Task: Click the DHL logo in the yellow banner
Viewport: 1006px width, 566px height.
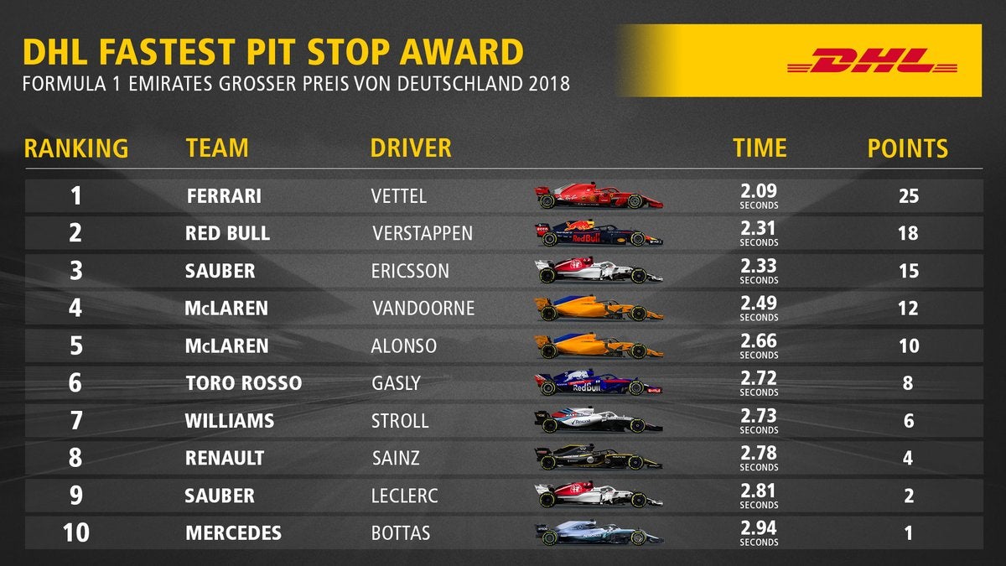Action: point(872,60)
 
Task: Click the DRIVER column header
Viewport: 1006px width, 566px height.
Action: point(411,148)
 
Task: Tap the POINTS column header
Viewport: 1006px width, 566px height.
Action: point(908,148)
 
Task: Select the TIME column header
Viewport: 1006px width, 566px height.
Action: point(760,148)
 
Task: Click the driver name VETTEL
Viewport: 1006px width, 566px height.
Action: point(398,196)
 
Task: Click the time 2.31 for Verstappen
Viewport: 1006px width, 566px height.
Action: point(759,228)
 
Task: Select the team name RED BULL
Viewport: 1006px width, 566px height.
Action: point(227,234)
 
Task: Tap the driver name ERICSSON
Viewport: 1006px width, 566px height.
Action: point(410,272)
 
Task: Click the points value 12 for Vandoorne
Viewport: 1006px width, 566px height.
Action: point(909,309)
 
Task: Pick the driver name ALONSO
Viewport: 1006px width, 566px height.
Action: point(403,346)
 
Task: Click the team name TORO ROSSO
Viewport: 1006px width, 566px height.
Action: point(243,384)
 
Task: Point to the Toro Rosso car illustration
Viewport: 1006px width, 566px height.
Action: point(599,384)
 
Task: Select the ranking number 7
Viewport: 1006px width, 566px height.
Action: point(75,421)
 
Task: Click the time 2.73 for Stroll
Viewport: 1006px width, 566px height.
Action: point(759,416)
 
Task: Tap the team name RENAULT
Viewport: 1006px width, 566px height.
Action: point(225,459)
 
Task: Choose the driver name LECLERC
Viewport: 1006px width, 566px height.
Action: point(404,496)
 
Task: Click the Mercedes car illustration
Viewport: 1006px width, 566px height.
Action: point(599,533)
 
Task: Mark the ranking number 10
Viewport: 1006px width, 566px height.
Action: point(75,533)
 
